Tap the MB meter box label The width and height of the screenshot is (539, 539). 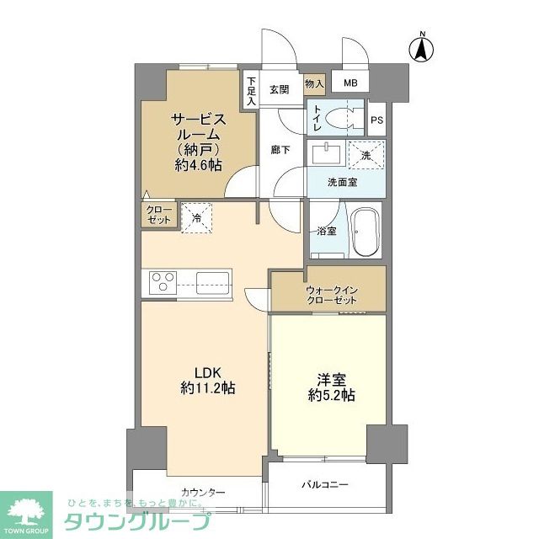click(x=348, y=83)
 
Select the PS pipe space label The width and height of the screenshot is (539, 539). click(x=376, y=119)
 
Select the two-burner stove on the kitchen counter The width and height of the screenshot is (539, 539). click(x=163, y=281)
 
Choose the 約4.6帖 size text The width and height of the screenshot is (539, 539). click(x=199, y=165)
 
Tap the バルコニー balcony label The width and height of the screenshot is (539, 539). click(x=326, y=484)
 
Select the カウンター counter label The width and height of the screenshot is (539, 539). click(x=203, y=493)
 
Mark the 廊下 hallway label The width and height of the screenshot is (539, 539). click(x=280, y=149)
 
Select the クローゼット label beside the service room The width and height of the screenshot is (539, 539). click(x=158, y=214)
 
